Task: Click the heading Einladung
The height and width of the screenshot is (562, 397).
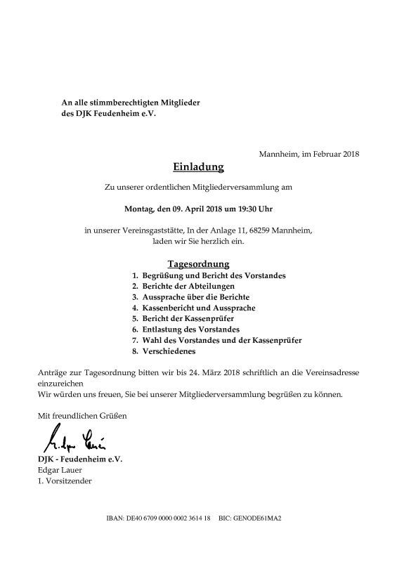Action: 198,167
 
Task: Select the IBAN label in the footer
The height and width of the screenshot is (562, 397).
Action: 116,518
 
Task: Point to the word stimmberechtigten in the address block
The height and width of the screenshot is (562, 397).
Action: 124,103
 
